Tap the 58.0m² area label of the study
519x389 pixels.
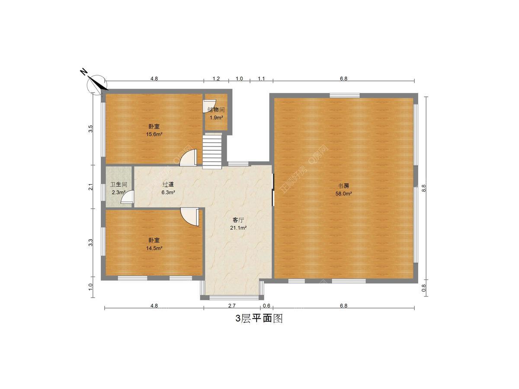tap(343, 194)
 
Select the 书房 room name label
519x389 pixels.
tap(343, 186)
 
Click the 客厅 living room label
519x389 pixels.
tap(238, 220)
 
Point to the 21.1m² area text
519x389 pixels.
tap(238, 228)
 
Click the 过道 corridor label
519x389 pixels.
tap(168, 185)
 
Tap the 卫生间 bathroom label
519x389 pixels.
tap(119, 185)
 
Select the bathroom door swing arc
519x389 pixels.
tap(127, 197)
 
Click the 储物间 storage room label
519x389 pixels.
tap(216, 110)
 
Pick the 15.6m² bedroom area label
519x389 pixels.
tap(154, 134)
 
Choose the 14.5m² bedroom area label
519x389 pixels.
tap(154, 248)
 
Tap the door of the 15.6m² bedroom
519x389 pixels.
tap(188, 157)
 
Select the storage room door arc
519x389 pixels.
tap(209, 106)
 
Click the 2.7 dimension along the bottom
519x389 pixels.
tap(232, 306)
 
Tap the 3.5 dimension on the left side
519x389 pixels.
tap(90, 129)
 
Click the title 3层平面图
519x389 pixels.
tap(259, 319)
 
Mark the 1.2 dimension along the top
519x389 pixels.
tap(216, 79)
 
